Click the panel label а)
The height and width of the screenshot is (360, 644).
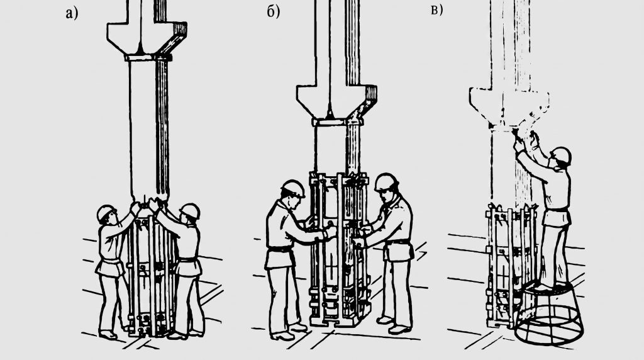click(x=72, y=14)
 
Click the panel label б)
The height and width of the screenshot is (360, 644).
click(x=273, y=13)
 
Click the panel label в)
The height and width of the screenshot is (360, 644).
click(x=436, y=10)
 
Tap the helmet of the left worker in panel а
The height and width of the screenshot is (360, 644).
click(x=106, y=213)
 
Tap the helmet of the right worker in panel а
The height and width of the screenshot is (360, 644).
click(x=190, y=210)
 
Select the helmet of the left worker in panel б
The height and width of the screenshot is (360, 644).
click(x=293, y=188)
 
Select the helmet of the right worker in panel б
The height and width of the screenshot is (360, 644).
click(x=387, y=182)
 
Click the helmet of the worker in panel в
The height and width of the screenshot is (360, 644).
click(x=561, y=155)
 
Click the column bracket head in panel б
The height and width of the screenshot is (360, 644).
click(x=336, y=101)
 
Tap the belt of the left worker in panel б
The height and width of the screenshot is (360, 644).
click(x=280, y=249)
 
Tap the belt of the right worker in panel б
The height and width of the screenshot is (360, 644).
click(x=397, y=242)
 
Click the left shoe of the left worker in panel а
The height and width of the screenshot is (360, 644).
click(x=108, y=335)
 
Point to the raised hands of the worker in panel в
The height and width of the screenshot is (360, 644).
click(x=526, y=140)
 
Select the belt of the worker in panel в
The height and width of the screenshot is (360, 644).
click(x=557, y=210)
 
